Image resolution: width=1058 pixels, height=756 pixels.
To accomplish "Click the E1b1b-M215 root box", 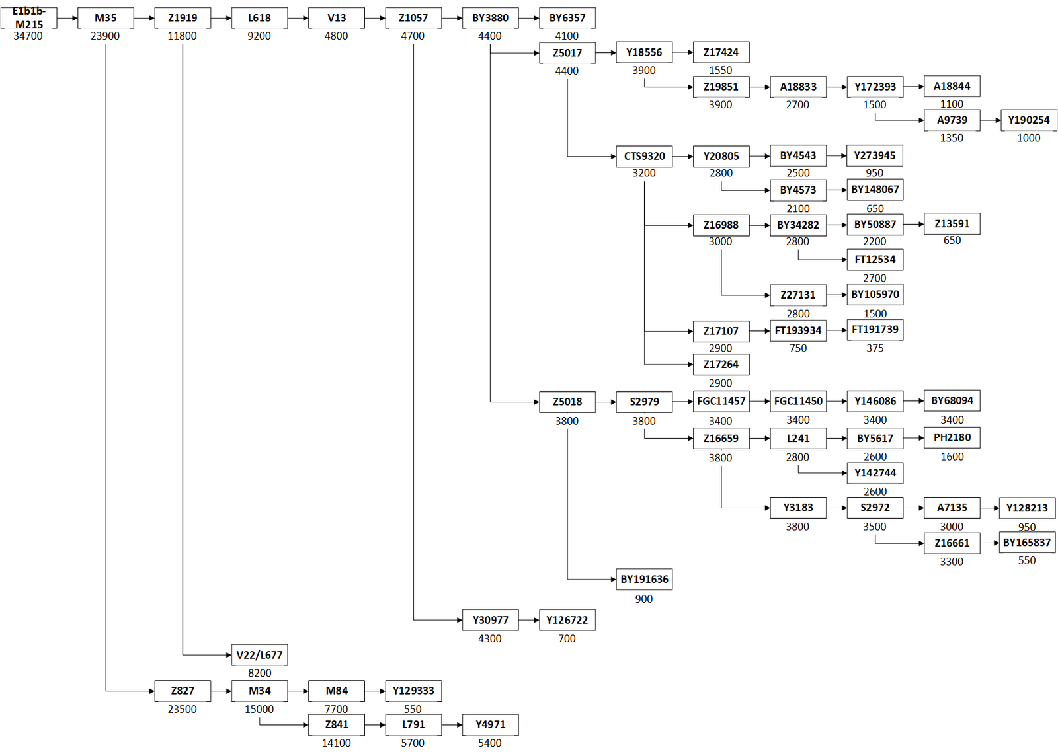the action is coord(29,18).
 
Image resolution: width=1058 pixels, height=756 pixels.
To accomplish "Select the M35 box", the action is coord(105,18).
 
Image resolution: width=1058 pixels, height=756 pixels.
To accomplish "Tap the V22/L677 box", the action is coord(259,654).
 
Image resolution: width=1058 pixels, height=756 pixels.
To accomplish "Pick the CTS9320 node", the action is coord(644,156).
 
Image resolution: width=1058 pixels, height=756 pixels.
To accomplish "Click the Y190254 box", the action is coord(1029,120).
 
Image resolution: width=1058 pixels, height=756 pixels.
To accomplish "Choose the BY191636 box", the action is coord(644,579).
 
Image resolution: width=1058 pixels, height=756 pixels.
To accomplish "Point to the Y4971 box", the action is coord(490,724).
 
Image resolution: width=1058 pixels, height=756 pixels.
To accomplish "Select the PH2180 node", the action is coord(952,437).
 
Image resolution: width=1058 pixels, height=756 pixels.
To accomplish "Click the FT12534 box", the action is coord(875,260).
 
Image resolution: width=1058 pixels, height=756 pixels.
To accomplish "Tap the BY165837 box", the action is coord(1027,543).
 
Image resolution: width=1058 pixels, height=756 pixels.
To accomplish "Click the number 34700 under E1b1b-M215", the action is coord(28,36).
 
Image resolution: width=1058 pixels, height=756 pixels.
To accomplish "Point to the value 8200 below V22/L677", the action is coord(259,673).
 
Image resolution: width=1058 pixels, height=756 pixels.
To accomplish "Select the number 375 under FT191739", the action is coord(875,348).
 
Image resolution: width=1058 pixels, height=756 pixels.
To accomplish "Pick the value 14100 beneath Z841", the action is coord(337,743).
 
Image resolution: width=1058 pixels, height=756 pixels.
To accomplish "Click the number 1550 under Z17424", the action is coord(720,70).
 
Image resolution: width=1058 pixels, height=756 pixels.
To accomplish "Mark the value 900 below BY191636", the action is coord(644,599).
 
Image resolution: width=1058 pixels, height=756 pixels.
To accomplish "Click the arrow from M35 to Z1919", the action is coord(144,19).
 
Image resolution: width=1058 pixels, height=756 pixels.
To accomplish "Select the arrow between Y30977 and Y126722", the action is coord(529,620).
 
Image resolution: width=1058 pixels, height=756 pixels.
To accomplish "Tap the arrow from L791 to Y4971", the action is coord(452,725).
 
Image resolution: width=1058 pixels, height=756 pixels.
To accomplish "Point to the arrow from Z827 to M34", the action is coord(221,691).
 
